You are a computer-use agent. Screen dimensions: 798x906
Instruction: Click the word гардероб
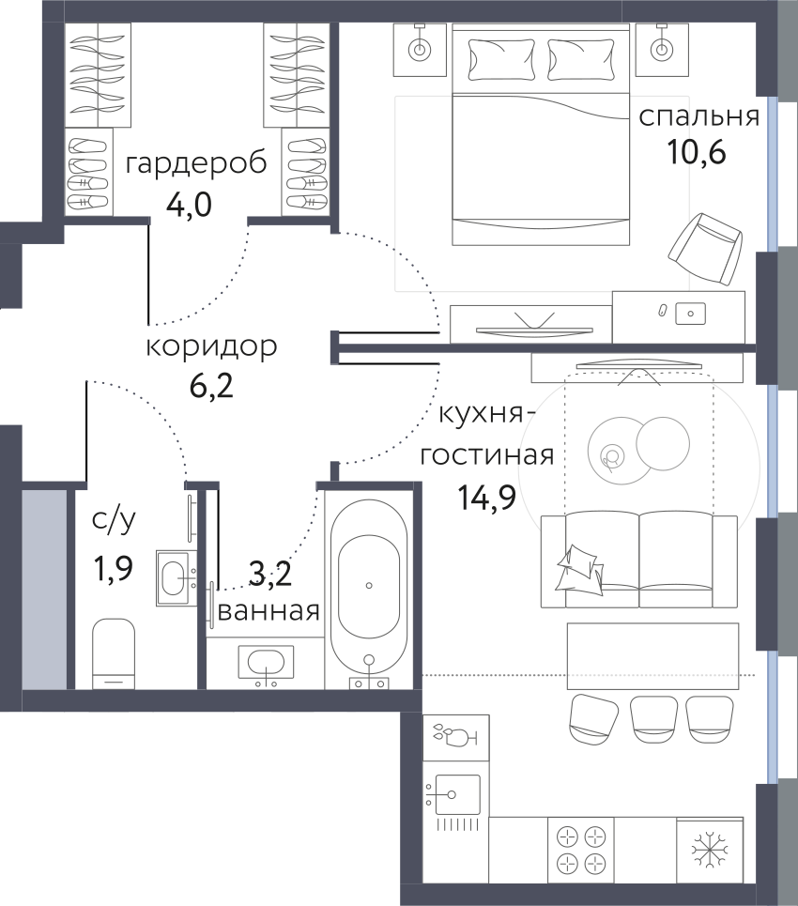pos(196,164)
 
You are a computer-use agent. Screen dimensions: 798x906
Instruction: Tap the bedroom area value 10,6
pos(697,152)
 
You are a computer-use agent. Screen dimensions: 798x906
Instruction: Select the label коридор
pos(211,346)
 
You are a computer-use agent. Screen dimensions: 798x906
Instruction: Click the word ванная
pos(269,611)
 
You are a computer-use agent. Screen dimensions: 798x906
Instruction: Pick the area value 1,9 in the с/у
pos(114,569)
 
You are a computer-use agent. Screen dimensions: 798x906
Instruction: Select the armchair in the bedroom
pos(705,249)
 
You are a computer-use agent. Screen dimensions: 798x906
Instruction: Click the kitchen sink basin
pos(457,794)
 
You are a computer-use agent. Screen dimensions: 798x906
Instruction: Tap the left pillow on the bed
pos(500,59)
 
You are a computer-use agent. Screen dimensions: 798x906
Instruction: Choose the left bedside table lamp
pos(420,50)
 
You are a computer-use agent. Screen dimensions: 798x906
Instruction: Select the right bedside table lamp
pos(662,50)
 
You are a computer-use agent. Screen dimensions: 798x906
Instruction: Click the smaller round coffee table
pos(663,443)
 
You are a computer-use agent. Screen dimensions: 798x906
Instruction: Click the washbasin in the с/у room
pos(176,577)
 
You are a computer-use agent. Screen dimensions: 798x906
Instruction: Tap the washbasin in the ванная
pos(266,663)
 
